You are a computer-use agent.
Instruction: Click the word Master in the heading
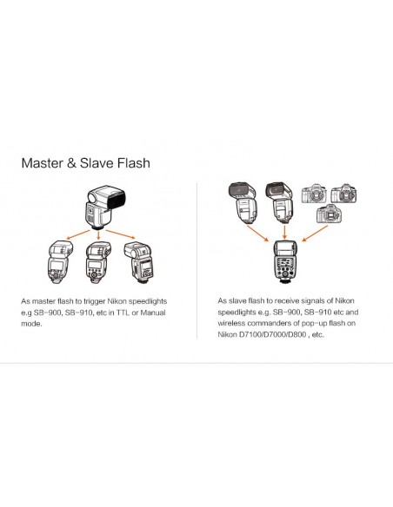point(42,162)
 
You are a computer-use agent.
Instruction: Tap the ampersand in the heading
point(71,163)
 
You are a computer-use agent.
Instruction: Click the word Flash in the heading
point(133,162)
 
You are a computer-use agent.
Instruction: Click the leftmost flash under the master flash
point(60,262)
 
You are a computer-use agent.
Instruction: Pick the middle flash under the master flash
point(98,262)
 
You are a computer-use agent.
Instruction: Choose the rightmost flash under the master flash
point(139,262)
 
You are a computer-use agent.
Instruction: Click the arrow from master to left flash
point(77,235)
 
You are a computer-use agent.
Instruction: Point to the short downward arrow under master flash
point(99,235)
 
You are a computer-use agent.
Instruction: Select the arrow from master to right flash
point(119,234)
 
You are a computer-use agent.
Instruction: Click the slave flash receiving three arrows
point(285,262)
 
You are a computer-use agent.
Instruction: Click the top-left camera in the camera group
point(314,194)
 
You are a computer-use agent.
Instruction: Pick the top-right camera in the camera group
point(343,194)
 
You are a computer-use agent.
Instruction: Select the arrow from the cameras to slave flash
point(315,234)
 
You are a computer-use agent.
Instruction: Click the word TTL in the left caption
point(123,313)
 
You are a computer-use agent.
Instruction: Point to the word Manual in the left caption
point(153,313)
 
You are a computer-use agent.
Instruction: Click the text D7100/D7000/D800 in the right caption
point(272,334)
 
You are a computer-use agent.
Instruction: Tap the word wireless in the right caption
point(231,323)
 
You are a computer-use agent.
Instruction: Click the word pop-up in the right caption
point(314,324)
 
